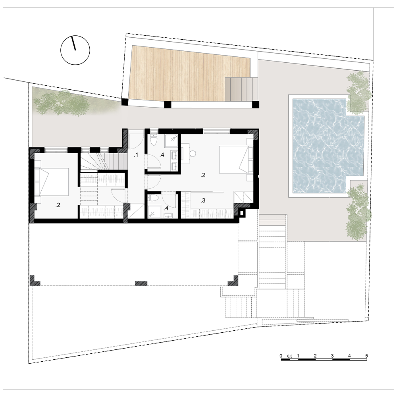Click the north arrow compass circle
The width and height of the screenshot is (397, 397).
tap(75, 64)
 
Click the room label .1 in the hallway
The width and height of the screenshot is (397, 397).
tap(136, 155)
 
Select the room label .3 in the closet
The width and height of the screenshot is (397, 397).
tap(203, 200)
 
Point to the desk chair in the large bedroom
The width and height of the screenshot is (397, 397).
tap(193, 154)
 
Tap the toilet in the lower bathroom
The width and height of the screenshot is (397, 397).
tap(154, 198)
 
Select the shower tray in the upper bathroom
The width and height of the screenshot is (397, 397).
tap(171, 141)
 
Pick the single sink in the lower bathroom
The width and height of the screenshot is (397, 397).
tap(168, 215)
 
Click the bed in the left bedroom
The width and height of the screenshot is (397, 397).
tap(52, 182)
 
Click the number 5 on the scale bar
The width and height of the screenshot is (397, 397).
tap(366, 356)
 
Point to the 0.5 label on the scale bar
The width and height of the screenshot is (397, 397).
tap(290, 356)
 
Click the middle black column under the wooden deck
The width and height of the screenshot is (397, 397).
tap(168, 104)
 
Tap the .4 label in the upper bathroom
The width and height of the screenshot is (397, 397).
tap(162, 155)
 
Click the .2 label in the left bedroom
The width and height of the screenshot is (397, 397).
tap(58, 205)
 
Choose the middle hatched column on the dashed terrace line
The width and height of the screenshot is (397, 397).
tap(141, 283)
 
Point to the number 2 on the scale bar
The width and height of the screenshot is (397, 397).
tap(315, 356)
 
